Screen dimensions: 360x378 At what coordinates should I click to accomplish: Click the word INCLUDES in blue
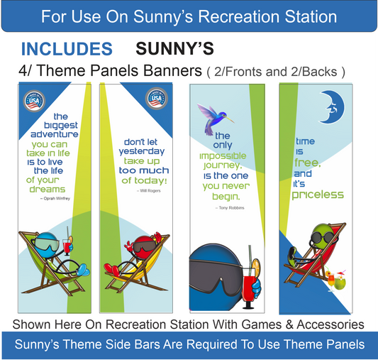[67, 49]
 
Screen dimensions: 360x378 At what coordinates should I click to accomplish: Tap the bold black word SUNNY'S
[174, 49]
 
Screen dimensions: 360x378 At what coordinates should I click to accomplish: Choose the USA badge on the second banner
[155, 99]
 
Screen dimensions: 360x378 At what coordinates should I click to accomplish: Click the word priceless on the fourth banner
[318, 195]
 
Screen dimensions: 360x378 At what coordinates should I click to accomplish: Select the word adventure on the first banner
[55, 134]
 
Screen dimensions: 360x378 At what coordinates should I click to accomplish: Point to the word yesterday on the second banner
[141, 151]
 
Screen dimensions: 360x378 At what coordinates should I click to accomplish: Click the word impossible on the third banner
[223, 156]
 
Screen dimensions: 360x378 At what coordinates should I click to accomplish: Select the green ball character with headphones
[321, 240]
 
